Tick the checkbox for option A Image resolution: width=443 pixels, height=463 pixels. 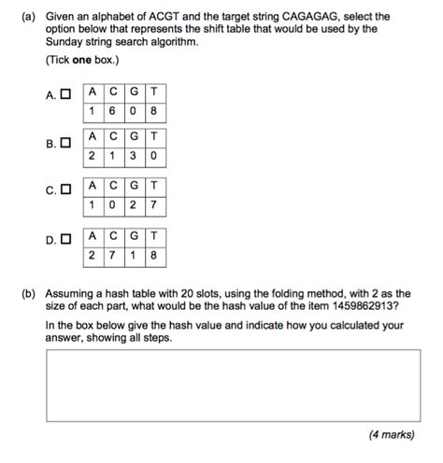tap(64, 94)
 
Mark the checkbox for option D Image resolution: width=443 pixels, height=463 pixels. tap(64, 240)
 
